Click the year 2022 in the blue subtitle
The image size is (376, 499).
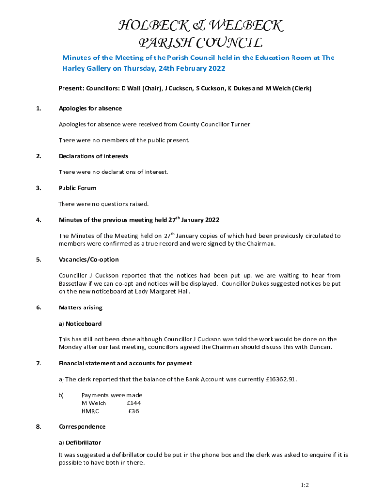pyautogui.click(x=215, y=68)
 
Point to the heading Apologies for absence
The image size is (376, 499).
pyautogui.click(x=90, y=108)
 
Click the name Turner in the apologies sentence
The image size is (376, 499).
pyautogui.click(x=239, y=124)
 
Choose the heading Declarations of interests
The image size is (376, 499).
pyautogui.click(x=93, y=156)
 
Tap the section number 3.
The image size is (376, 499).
pyautogui.click(x=38, y=188)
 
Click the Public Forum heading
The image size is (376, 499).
pyautogui.click(x=77, y=188)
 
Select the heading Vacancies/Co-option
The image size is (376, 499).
pyautogui.click(x=88, y=259)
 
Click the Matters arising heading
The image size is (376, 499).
pyautogui.click(x=80, y=307)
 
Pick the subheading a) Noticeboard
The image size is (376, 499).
pyautogui.click(x=80, y=323)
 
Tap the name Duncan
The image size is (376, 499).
pyautogui.click(x=320, y=347)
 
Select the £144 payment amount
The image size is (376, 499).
pyautogui.click(x=133, y=403)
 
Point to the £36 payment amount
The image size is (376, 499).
pyautogui.click(x=133, y=411)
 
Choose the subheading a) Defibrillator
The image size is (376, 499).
pyautogui.click(x=80, y=442)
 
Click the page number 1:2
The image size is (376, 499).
pyautogui.click(x=305, y=485)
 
